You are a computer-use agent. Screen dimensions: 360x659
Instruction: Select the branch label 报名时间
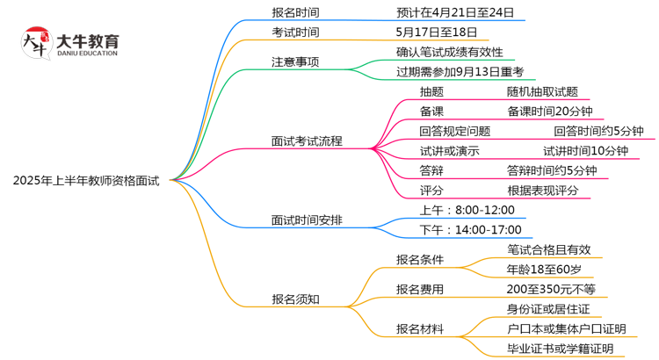(295, 12)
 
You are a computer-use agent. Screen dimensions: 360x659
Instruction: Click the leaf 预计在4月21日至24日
(456, 12)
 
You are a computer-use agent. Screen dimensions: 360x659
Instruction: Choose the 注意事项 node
(295, 62)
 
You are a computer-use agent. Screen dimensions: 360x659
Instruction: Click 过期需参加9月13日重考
(460, 72)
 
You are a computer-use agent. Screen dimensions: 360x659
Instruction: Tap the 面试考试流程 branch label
(307, 140)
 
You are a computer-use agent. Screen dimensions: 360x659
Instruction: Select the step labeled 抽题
(431, 91)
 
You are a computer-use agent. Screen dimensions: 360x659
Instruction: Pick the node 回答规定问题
(454, 131)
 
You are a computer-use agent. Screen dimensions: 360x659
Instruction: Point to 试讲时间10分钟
(585, 151)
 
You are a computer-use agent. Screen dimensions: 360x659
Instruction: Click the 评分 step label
(431, 190)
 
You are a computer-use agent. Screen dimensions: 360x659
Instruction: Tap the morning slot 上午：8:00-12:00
(454, 210)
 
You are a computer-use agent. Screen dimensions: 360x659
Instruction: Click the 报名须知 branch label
(295, 299)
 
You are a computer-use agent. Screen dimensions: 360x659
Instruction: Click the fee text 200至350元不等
(551, 289)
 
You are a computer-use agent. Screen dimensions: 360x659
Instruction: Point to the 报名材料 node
(420, 329)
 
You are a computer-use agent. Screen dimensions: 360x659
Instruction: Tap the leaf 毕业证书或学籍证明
(560, 349)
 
